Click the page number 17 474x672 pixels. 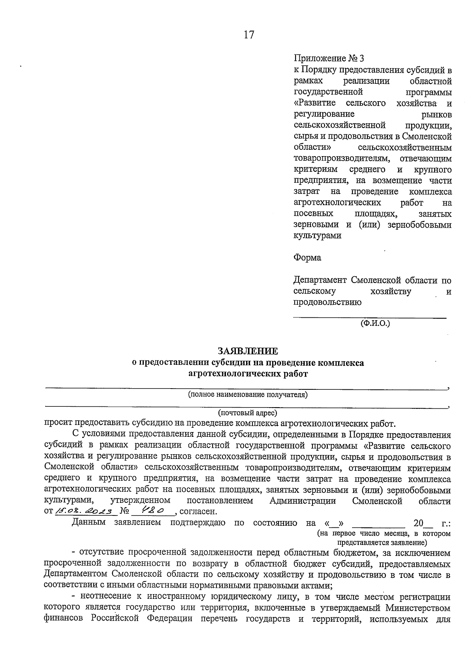(x=249, y=35)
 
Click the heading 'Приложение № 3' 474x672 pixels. (x=329, y=59)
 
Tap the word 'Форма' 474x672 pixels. (x=307, y=258)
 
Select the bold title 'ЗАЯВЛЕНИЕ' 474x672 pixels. (x=248, y=351)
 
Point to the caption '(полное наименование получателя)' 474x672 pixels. (x=248, y=394)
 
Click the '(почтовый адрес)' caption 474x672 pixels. (x=248, y=413)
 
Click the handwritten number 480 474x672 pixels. (x=152, y=511)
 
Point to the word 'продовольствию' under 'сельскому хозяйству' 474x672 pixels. (x=327, y=303)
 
